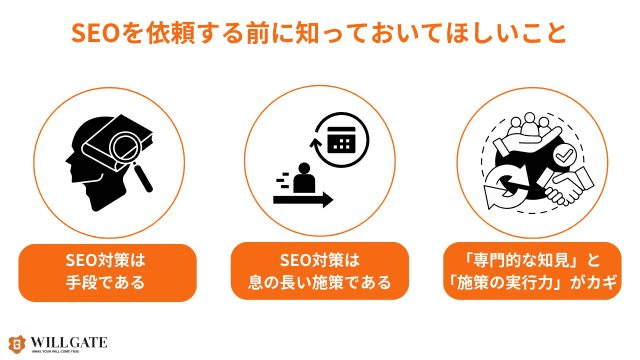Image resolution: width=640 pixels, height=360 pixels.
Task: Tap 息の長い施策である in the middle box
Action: [320, 282]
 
